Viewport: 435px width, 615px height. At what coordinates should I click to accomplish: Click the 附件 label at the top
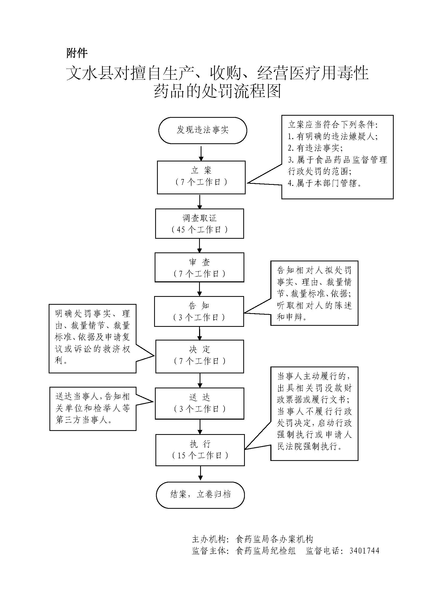pos(77,53)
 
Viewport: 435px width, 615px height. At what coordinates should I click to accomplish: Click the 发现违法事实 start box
pos(203,130)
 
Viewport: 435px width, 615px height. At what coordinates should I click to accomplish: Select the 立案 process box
pos(201,177)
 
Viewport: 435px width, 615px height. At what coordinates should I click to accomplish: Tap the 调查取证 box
pos(200,224)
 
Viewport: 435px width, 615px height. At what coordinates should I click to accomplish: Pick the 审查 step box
pos(200,267)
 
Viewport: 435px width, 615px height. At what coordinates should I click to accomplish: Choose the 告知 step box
pos(199,311)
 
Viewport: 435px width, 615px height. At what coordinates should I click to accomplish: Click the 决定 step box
pos(200,356)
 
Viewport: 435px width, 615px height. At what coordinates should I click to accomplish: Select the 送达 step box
pos(200,403)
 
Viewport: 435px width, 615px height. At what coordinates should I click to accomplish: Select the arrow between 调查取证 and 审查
pos(200,245)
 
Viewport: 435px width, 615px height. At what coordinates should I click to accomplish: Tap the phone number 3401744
pos(364,551)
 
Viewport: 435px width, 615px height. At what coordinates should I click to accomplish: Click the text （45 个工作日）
pos(200,230)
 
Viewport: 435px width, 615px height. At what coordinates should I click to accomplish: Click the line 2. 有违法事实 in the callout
pos(315,148)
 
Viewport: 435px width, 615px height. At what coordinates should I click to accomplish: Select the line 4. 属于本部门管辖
pos(325,183)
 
